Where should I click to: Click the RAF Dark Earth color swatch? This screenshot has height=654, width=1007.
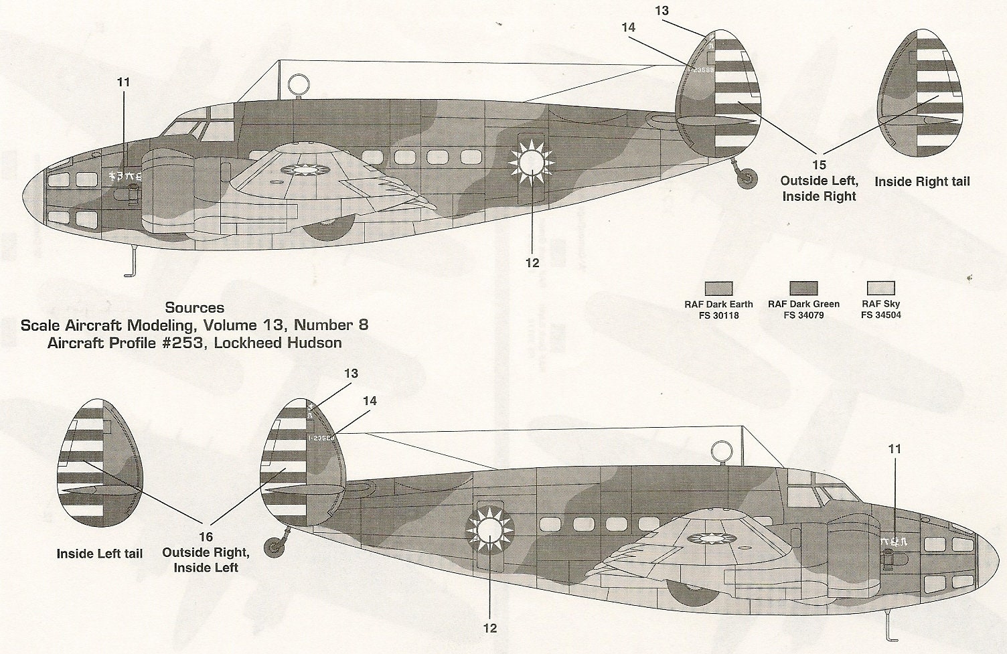(718, 289)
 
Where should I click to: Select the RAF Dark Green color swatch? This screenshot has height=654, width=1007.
(803, 289)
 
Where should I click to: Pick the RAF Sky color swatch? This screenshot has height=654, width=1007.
(880, 289)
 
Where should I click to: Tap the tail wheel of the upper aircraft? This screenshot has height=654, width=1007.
(747, 177)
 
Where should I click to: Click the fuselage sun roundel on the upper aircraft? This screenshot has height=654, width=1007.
(531, 161)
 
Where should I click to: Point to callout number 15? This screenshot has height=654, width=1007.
(819, 165)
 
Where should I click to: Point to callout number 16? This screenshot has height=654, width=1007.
(206, 537)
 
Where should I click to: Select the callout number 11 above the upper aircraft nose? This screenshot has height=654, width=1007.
(123, 82)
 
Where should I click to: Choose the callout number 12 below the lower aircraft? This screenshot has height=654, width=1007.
(490, 628)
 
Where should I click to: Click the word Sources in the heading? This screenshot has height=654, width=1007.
(195, 308)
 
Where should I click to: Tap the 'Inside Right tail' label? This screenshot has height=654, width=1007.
(922, 181)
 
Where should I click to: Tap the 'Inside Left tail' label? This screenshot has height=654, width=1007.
(100, 554)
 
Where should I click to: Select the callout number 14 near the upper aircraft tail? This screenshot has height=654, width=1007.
(628, 27)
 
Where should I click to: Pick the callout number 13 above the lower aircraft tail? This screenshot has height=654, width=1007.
(351, 374)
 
